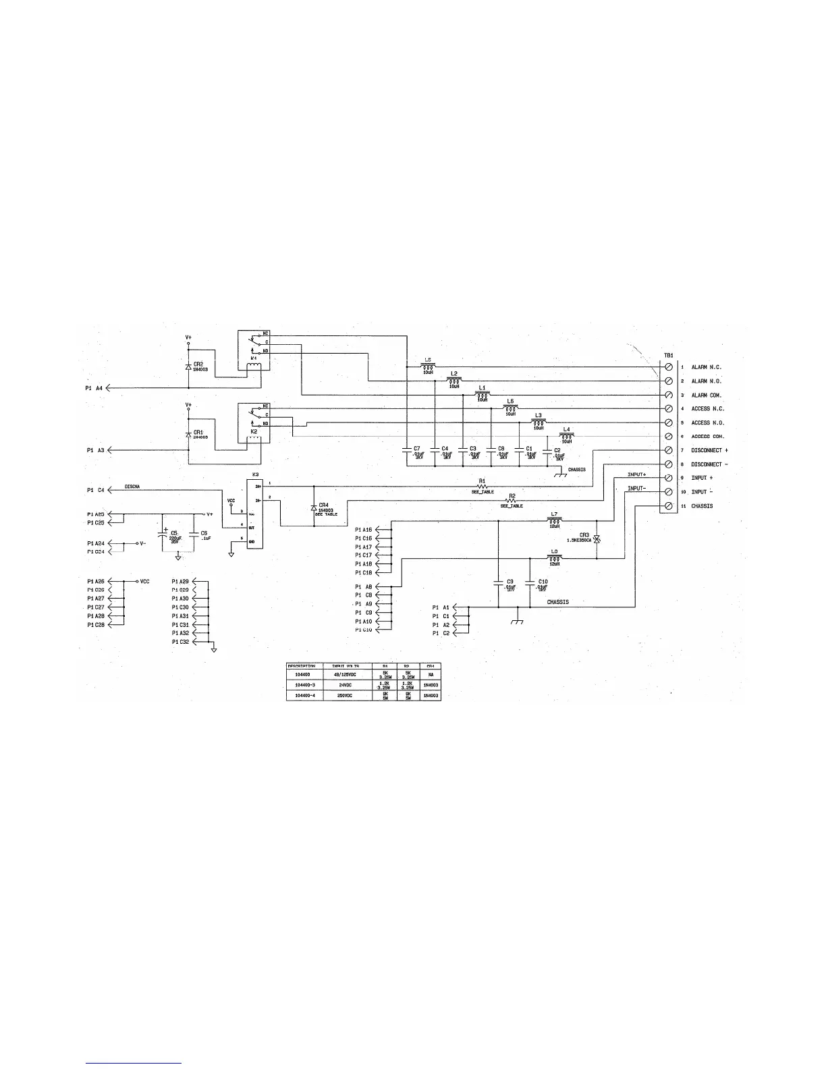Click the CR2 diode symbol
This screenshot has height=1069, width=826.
[x=188, y=366]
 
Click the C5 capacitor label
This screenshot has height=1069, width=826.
[x=173, y=533]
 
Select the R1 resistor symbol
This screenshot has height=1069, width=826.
[x=483, y=487]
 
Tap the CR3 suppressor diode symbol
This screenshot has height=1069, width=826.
[x=597, y=540]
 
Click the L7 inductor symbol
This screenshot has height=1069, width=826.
[x=555, y=520]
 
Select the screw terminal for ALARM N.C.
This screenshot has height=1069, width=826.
[x=668, y=367]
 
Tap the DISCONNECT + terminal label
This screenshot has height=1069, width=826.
[x=709, y=450]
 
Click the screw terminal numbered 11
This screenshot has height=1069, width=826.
[x=668, y=505]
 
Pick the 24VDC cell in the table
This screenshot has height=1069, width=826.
[x=347, y=684]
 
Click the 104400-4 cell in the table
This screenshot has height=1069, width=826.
[x=304, y=695]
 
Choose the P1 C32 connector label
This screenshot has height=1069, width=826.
[x=180, y=642]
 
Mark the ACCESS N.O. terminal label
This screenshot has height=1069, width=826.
[x=709, y=422]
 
